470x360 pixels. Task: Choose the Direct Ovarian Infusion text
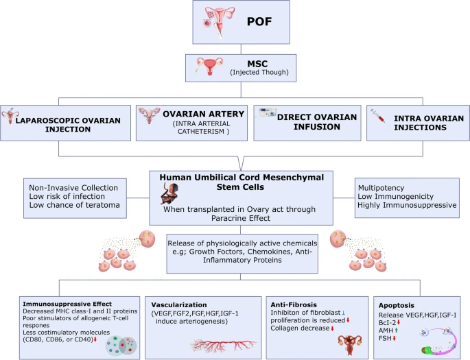point(317,122)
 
